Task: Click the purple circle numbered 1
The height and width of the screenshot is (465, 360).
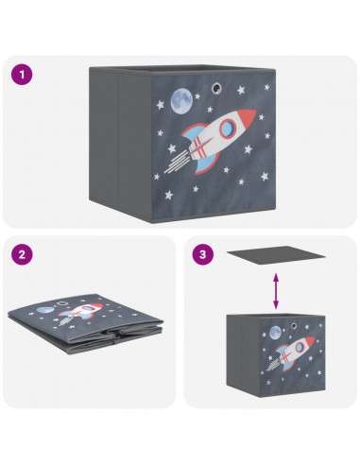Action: pyautogui.click(x=22, y=75)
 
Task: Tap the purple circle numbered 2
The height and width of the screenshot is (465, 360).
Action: pyautogui.click(x=22, y=254)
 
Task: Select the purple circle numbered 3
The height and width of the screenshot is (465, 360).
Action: pyautogui.click(x=203, y=254)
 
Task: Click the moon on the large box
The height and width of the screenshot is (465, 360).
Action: pyautogui.click(x=181, y=100)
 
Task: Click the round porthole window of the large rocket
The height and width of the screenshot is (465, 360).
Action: pyautogui.click(x=229, y=129)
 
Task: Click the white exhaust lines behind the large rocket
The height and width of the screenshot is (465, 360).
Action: pyautogui.click(x=177, y=163)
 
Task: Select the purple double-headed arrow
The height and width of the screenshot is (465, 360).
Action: pyautogui.click(x=276, y=291)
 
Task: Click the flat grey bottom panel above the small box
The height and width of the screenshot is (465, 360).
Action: pyautogui.click(x=276, y=255)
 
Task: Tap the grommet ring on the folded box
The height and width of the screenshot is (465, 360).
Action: pyautogui.click(x=62, y=303)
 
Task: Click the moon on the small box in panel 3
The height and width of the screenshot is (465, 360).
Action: pyautogui.click(x=275, y=333)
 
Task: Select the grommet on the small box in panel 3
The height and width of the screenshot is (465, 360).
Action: pyautogui.click(x=294, y=325)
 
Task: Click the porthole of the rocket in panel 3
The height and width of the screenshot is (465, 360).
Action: pyautogui.click(x=300, y=347)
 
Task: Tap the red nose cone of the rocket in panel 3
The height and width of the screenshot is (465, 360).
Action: pyautogui.click(x=309, y=341)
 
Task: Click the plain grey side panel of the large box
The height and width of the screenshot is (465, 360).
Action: pyautogui.click(x=120, y=141)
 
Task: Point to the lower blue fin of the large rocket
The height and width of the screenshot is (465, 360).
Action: pyautogui.click(x=206, y=163)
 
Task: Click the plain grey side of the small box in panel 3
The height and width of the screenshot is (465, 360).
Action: pyautogui.click(x=243, y=355)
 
